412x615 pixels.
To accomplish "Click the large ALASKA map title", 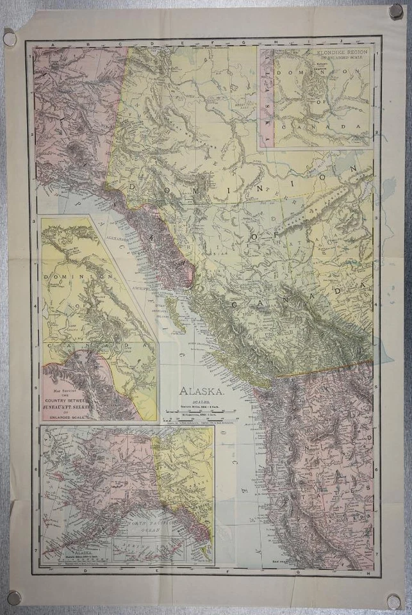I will [x=201, y=390].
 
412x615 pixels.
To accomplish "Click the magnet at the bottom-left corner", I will [x=13, y=598].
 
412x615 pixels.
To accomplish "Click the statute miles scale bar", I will [x=201, y=410].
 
